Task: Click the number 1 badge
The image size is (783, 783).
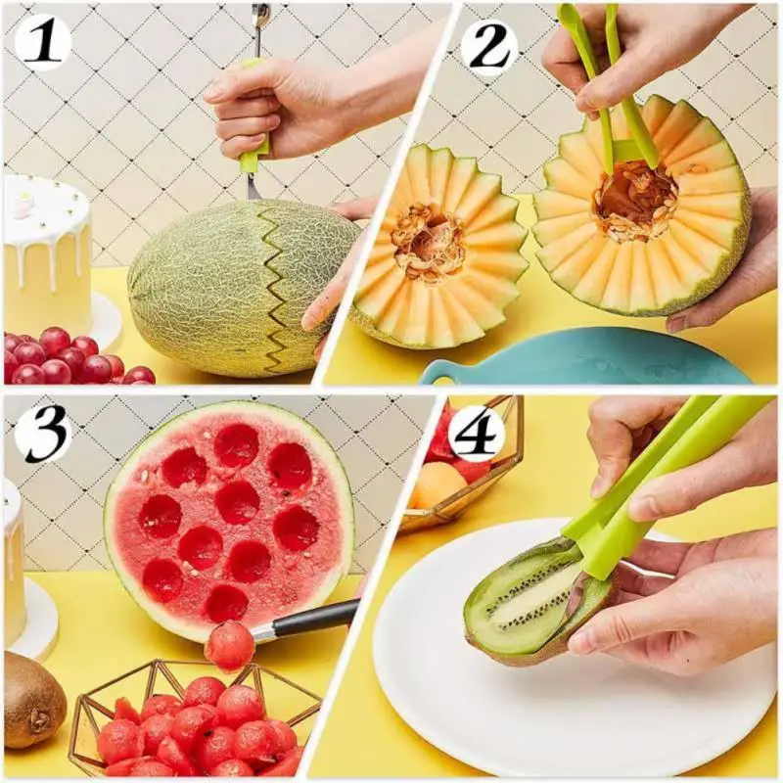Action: [x=42, y=42]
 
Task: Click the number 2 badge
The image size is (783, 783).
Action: [x=488, y=44]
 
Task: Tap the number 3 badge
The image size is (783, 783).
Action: [x=42, y=432]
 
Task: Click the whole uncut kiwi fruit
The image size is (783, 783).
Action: [x=32, y=699]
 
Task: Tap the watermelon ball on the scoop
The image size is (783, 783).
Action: [x=229, y=646]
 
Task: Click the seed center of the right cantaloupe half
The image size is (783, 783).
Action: [x=636, y=201]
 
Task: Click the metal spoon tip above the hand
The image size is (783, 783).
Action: [x=261, y=18]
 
